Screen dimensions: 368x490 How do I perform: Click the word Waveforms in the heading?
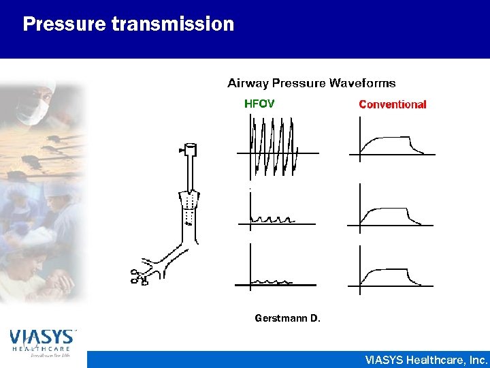tap(362, 83)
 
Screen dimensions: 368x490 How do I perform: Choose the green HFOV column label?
tap(259, 104)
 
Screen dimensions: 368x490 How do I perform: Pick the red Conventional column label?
tap(392, 105)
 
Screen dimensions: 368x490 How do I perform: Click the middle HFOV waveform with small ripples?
tap(273, 219)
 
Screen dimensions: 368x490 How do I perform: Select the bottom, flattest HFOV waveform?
tap(272, 280)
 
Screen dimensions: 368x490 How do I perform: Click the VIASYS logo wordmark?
tap(42, 337)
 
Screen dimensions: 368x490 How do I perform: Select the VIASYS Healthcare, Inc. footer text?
tap(426, 359)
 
